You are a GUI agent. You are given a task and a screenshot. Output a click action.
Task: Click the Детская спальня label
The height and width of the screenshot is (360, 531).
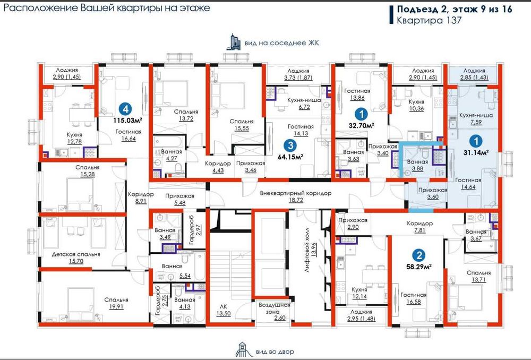click(x=75, y=254)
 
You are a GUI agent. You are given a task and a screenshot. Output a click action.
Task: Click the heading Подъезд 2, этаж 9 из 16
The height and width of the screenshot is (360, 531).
click(x=451, y=9)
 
